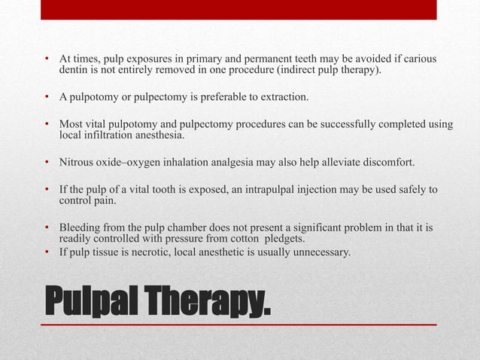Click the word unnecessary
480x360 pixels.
click(x=319, y=252)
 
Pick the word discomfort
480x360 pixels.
click(x=381, y=162)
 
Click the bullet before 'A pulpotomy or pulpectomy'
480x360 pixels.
click(x=46, y=97)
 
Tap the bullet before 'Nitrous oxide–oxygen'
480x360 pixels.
click(x=46, y=162)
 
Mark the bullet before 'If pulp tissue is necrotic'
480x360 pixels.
click(x=46, y=252)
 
